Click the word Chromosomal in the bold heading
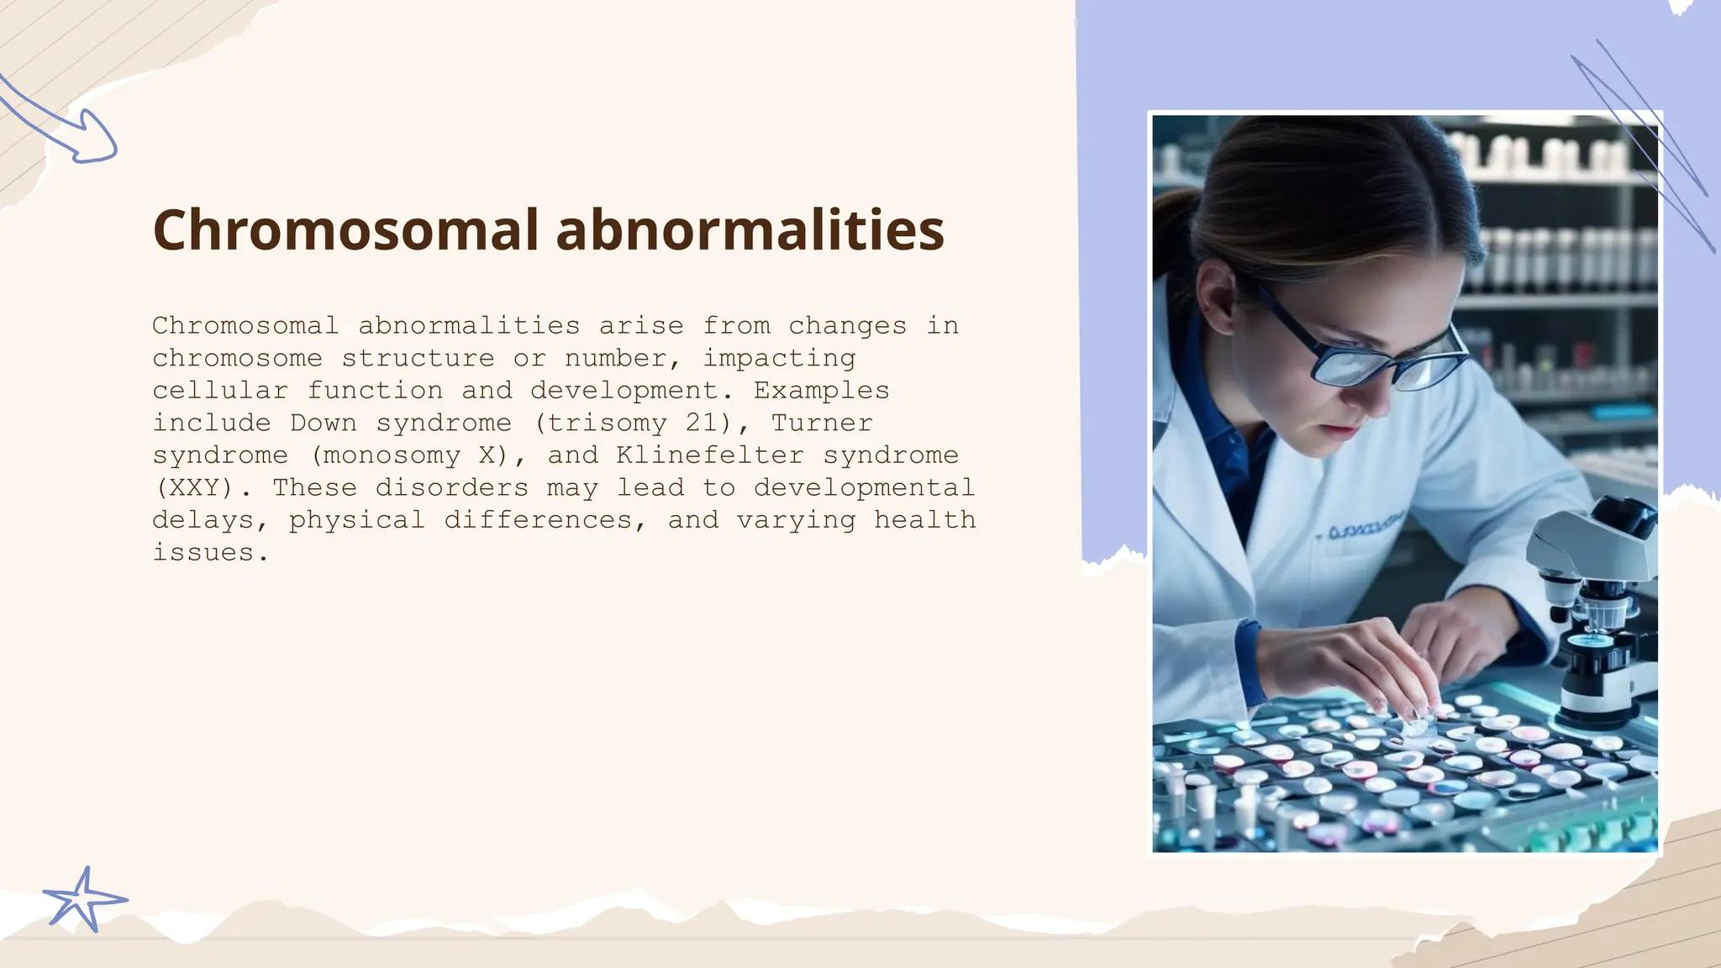tap(345, 230)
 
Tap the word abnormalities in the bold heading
tap(750, 230)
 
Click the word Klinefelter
tap(710, 455)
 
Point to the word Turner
tap(822, 423)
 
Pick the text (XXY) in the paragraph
tap(195, 487)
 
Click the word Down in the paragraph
tap(324, 423)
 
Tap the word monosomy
tap(392, 455)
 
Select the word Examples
tap(821, 391)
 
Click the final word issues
tap(210, 553)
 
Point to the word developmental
tap(864, 487)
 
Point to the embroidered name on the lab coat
tap(1366, 529)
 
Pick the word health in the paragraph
tap(924, 520)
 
